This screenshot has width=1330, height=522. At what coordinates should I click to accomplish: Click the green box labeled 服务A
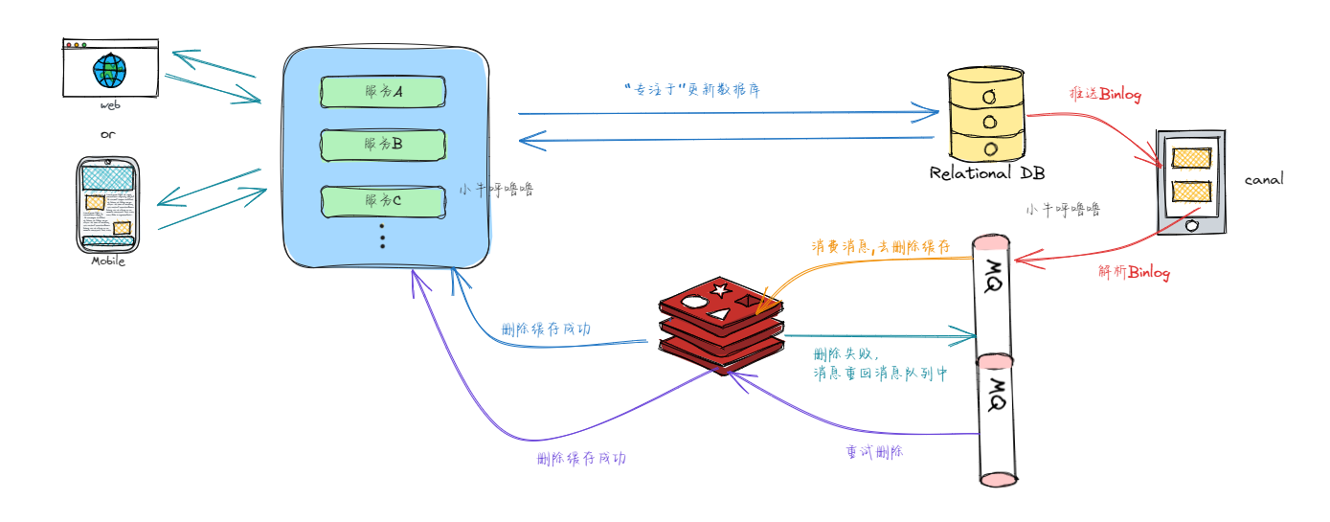click(383, 91)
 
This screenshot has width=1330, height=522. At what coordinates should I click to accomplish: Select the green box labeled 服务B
click(383, 144)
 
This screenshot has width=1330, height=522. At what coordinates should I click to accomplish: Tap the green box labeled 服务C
click(383, 201)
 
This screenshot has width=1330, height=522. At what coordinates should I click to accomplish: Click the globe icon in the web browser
click(109, 69)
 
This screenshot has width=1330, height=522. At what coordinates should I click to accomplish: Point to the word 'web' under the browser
click(110, 105)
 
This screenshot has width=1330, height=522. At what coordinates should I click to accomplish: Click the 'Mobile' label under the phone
click(108, 261)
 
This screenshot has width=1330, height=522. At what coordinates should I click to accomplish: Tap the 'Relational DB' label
click(987, 173)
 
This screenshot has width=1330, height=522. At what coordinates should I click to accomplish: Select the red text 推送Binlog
click(1105, 95)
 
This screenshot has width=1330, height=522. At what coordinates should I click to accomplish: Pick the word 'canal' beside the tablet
click(1264, 179)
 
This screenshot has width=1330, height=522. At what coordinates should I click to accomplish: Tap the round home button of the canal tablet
click(1191, 226)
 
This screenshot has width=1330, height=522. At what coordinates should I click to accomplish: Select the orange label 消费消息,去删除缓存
click(881, 247)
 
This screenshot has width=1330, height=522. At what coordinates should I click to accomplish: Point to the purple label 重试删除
click(874, 451)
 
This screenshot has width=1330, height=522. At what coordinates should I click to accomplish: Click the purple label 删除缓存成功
click(582, 458)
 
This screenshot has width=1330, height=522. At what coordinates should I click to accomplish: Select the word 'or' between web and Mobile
click(108, 134)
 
